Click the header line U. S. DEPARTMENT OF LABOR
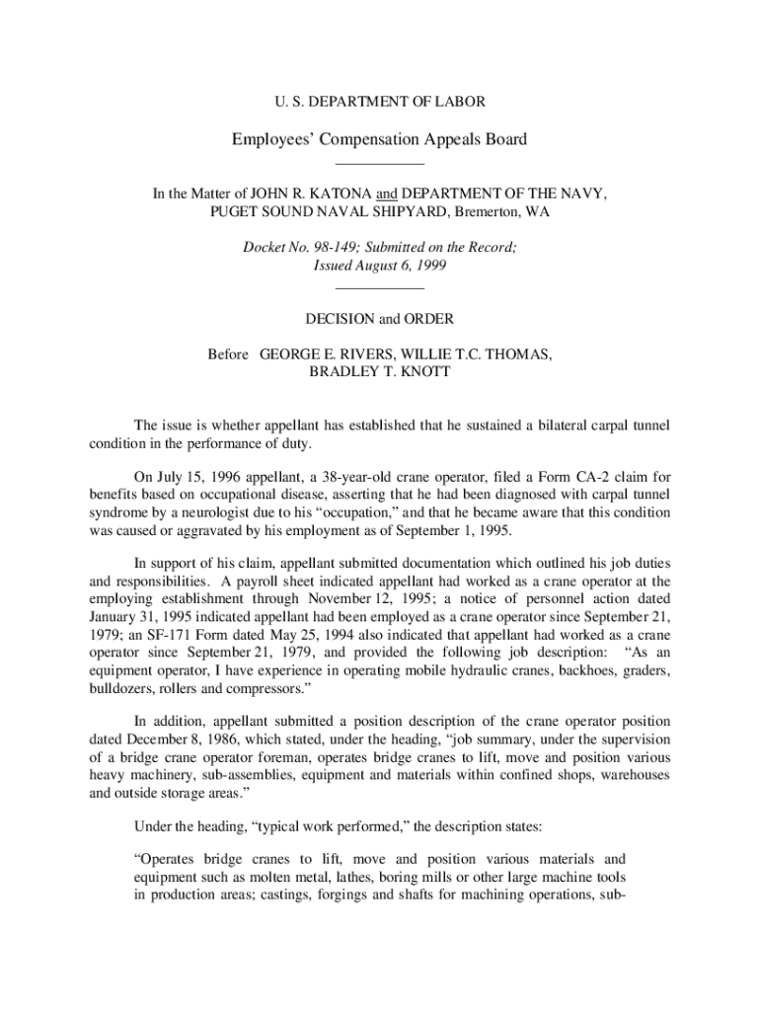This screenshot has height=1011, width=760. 379,102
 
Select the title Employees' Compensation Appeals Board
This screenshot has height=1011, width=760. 379,139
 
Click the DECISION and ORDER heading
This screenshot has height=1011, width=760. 380,319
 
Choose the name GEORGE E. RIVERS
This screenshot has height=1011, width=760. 320,354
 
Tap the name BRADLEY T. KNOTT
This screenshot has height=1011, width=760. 380,372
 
